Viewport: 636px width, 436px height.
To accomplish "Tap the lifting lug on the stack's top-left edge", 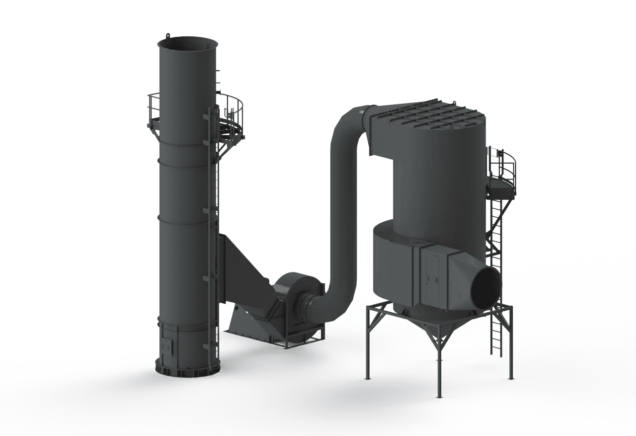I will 168,35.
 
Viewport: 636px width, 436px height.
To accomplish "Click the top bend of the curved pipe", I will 348,119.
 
